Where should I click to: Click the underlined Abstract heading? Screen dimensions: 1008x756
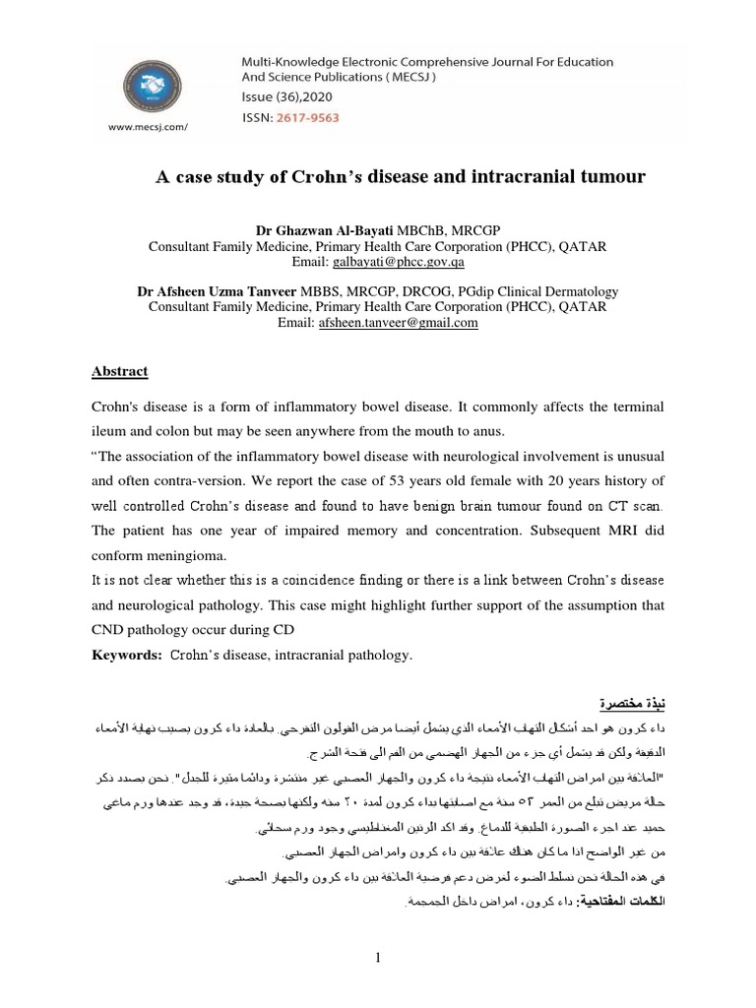click(119, 372)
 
